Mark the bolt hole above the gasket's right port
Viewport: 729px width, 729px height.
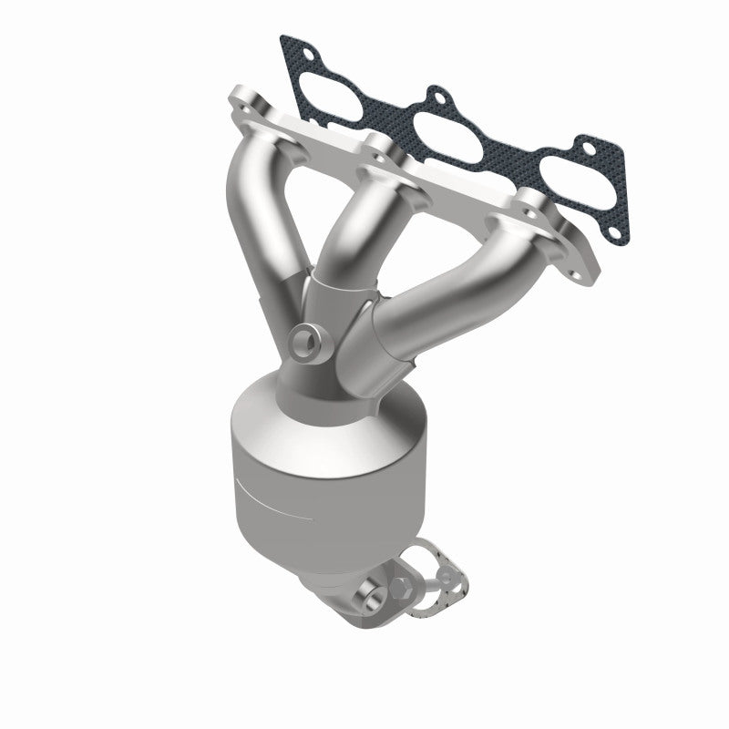[x=586, y=147]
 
